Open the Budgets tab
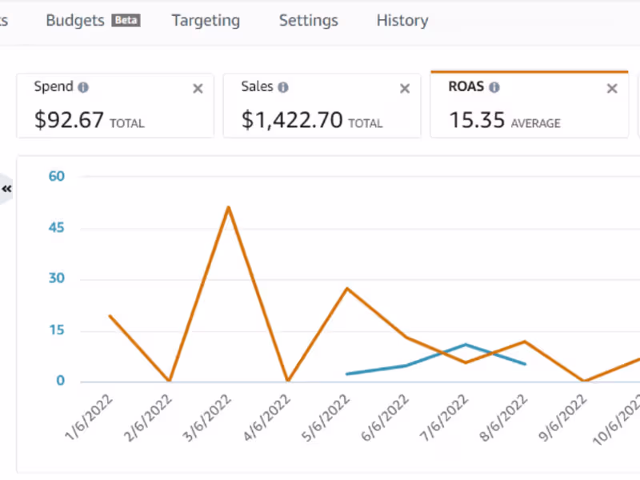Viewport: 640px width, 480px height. pyautogui.click(x=75, y=21)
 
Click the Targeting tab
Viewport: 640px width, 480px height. pyautogui.click(x=206, y=21)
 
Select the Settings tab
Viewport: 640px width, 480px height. pyautogui.click(x=308, y=21)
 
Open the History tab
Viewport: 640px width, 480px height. pyautogui.click(x=402, y=21)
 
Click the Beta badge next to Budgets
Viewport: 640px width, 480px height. pyautogui.click(x=126, y=21)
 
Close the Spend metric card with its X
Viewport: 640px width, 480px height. pyautogui.click(x=198, y=89)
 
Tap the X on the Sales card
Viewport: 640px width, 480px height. pyautogui.click(x=405, y=89)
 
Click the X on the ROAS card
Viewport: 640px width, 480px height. pyautogui.click(x=612, y=89)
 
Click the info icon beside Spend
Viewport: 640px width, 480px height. pyautogui.click(x=83, y=87)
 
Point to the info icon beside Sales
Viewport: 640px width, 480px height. pyautogui.click(x=283, y=87)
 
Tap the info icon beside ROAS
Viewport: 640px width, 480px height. pyautogui.click(x=494, y=87)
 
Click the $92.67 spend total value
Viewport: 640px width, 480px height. pyautogui.click(x=69, y=120)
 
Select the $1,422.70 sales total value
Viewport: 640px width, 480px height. pyautogui.click(x=292, y=120)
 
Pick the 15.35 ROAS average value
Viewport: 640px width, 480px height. pyautogui.click(x=477, y=120)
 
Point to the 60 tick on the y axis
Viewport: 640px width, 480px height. pyautogui.click(x=55, y=176)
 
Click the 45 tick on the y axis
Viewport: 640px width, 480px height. pyautogui.click(x=55, y=228)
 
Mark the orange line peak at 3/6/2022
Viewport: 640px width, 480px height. pyautogui.click(x=228, y=207)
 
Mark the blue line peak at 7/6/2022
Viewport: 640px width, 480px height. pyautogui.click(x=466, y=345)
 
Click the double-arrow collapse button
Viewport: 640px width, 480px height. pyautogui.click(x=7, y=189)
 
